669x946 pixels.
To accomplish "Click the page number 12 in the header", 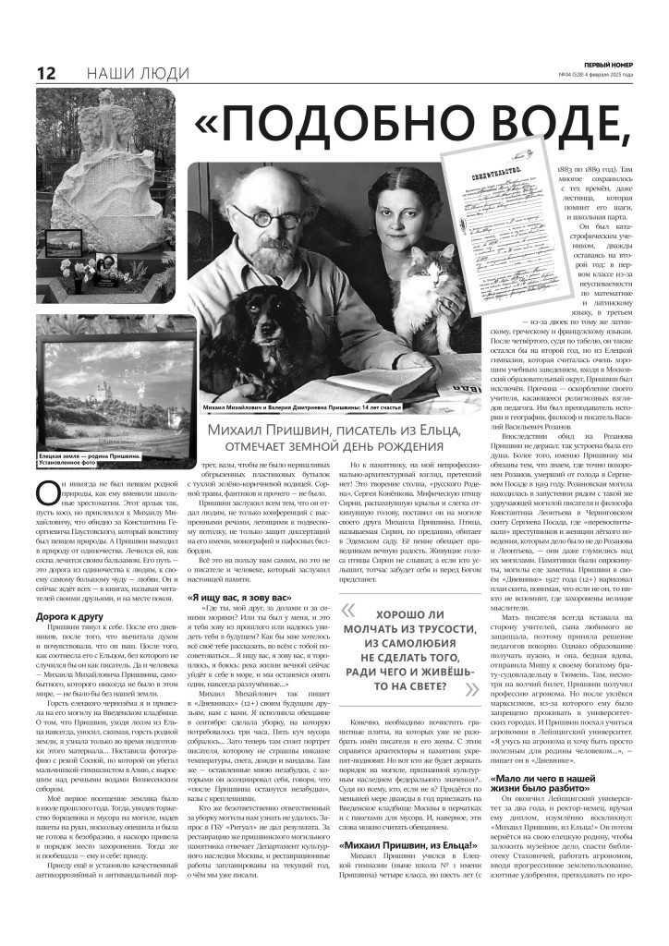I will (x=45, y=74).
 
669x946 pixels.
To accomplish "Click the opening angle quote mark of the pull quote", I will (x=348, y=610).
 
